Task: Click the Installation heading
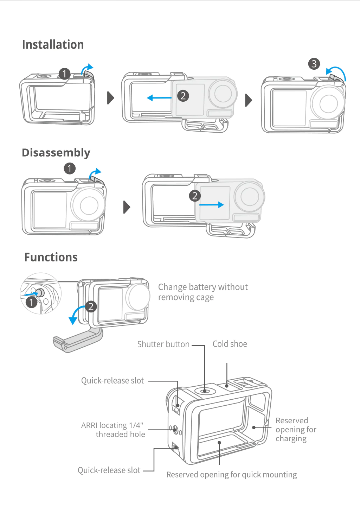(x=53, y=45)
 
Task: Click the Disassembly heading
(x=56, y=153)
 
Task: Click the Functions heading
(x=51, y=257)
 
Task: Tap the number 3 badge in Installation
(x=314, y=64)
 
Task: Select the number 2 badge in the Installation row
(x=183, y=96)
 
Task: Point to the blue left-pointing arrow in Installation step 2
(x=159, y=98)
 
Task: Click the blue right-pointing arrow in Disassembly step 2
(x=212, y=205)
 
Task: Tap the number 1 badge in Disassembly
(x=70, y=168)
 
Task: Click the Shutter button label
(x=163, y=344)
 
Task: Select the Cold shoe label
(x=230, y=344)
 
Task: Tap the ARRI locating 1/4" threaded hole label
(x=113, y=430)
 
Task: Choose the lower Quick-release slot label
(x=109, y=470)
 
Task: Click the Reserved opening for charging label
(x=296, y=429)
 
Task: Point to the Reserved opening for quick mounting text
(x=231, y=475)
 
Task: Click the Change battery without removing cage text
(x=203, y=292)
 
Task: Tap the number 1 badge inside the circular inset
(x=31, y=302)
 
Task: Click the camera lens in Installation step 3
(x=328, y=103)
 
